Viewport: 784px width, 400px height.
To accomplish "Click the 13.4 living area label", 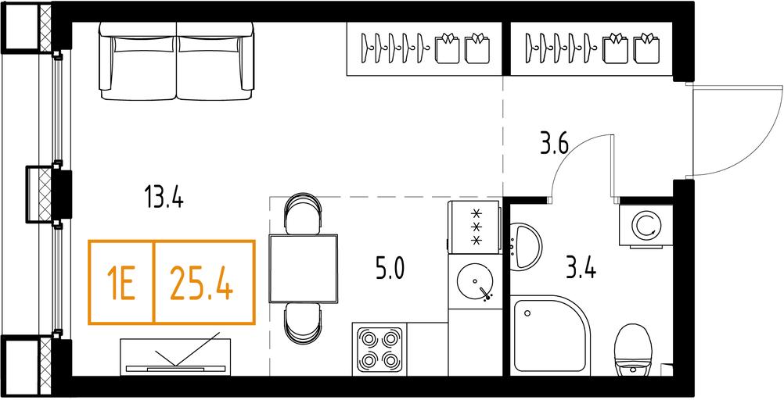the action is point(164,196).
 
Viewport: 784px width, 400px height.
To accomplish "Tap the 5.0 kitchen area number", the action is point(390,268).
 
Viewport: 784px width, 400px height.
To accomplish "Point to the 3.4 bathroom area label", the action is point(581,270).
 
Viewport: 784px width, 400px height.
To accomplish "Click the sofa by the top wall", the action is point(176,60).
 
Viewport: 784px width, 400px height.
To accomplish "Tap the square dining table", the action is point(304,268).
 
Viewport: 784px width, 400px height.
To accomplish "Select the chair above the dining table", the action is point(303,213).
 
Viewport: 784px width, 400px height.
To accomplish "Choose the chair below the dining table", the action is point(303,323).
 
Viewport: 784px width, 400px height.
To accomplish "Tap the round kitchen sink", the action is point(474,281).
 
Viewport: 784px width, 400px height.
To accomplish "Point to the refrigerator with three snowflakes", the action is point(473,227).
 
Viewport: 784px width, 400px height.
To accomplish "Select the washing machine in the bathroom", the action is point(646,225).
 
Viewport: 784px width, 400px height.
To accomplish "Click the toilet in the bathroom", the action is point(634,350).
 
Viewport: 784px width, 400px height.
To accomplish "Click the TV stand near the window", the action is point(175,356).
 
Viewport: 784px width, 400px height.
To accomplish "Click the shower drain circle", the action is point(527,313).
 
